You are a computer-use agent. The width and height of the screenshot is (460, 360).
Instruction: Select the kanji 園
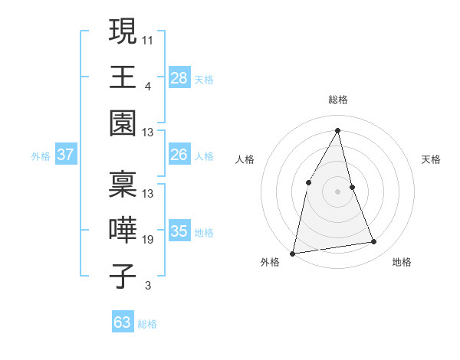123,123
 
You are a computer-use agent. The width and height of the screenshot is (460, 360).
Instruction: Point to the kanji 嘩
123,231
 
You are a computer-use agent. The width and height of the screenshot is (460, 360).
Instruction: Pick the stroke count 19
148,240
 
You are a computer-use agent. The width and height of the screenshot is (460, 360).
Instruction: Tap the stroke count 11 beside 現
148,39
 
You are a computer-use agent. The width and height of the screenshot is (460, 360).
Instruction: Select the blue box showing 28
179,77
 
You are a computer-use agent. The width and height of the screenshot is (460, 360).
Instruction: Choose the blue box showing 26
179,155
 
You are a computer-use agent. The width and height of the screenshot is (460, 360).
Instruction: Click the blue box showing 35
179,231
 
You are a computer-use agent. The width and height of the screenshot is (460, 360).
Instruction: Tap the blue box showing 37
65,155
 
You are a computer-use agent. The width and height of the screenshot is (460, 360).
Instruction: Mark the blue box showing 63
122,322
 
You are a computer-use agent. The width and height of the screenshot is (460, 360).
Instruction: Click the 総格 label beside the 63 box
147,324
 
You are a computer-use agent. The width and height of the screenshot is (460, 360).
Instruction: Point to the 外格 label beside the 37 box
41,156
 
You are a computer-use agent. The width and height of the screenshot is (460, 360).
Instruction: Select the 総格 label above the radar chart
337,100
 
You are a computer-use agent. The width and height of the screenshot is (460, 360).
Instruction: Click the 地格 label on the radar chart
402,262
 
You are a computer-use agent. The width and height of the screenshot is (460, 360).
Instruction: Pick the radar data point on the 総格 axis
337,129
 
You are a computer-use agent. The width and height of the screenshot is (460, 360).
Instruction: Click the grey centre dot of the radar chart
337,191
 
